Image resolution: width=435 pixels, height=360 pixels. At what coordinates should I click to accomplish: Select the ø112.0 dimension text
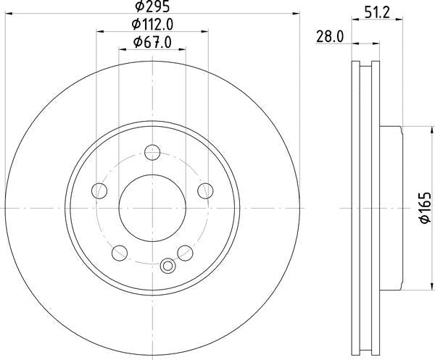pos(152,25)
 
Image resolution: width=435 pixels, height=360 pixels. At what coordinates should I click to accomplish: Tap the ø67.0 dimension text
pos(152,43)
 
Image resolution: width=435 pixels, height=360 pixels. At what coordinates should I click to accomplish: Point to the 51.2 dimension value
pos(377,12)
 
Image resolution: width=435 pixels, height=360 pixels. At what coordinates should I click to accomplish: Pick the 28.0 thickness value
pos(330,37)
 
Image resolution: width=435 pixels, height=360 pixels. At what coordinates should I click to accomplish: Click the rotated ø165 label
pos(426,208)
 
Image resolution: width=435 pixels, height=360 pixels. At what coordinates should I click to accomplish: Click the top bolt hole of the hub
pos(152,152)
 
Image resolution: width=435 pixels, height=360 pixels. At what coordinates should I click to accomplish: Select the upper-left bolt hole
pos(99,191)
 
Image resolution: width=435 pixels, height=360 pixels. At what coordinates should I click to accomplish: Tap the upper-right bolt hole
pos(205,191)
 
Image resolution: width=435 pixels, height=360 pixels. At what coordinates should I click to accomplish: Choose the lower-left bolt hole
pos(120,253)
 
